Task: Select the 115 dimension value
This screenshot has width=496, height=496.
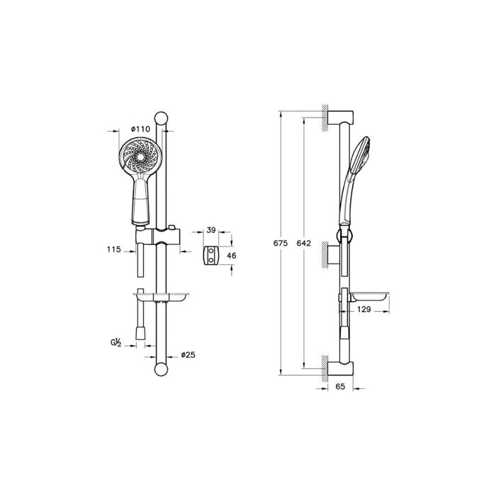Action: (x=113, y=249)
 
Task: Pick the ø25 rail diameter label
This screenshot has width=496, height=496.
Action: (x=188, y=354)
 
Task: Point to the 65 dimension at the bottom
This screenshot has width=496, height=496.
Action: (x=339, y=388)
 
